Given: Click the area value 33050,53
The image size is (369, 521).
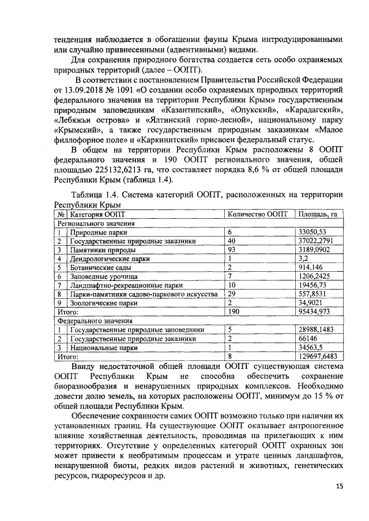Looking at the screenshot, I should [x=313, y=232].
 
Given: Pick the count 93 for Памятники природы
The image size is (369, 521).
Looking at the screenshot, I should [x=232, y=250].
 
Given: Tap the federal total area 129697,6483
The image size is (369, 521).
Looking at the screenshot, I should [x=318, y=356].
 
